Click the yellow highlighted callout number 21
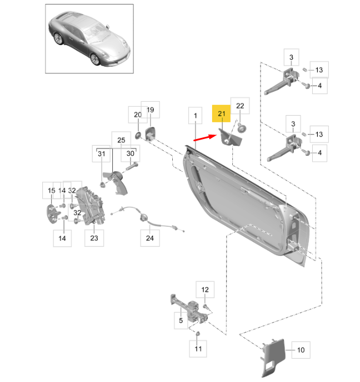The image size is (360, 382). point(221,114)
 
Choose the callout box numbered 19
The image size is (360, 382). point(150,110)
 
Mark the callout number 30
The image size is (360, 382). point(130,153)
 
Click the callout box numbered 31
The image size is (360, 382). point(101,153)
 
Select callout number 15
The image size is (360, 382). point(51,191)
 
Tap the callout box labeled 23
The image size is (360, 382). point(94,239)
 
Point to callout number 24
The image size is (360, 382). point(148,239)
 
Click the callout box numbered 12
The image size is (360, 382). point(204,289)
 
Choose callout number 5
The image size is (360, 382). point(180,321)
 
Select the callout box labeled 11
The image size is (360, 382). point(198,350)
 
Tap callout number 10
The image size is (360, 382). point(301,350)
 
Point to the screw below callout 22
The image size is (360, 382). point(242,128)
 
